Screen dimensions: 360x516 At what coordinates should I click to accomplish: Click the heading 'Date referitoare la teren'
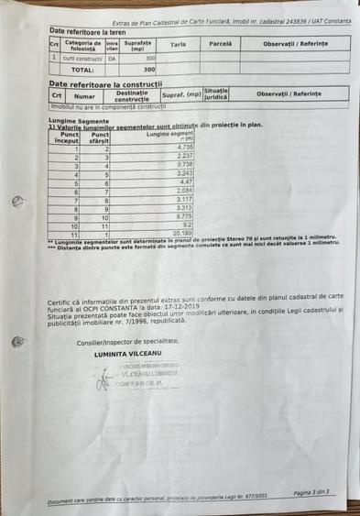pos(88,31)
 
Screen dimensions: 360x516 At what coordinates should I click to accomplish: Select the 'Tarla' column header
pos(178,44)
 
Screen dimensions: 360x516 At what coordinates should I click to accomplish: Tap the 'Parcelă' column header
pos(220,43)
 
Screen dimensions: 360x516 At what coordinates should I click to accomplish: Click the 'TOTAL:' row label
pos(82,70)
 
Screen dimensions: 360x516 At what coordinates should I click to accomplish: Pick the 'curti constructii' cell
pos(83,58)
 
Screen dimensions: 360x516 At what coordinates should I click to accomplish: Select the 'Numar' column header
pos(84,95)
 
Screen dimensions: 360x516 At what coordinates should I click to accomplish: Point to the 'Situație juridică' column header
pos(217,93)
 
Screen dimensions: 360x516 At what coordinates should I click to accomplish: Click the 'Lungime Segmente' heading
pos(79,120)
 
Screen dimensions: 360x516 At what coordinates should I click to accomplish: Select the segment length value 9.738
pos(184,164)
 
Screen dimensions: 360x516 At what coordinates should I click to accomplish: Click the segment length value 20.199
pos(182,233)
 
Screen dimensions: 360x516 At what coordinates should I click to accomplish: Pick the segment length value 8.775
pos(184,215)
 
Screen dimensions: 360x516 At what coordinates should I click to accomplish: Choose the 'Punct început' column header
pos(67,137)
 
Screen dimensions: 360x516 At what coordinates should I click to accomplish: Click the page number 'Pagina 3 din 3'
pos(311,492)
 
